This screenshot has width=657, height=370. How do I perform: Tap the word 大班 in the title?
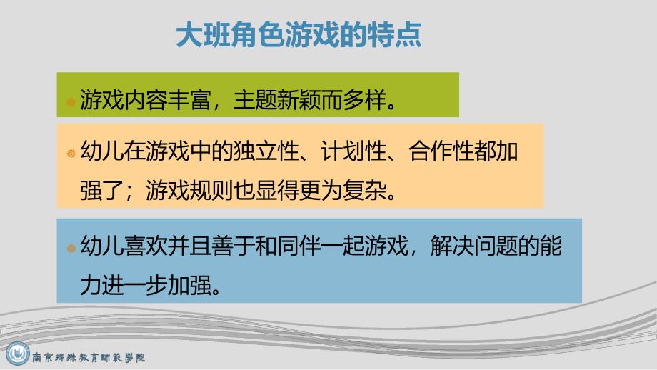(x=201, y=34)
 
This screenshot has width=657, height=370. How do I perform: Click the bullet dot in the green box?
(x=71, y=101)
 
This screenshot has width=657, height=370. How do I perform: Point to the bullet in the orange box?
(x=71, y=153)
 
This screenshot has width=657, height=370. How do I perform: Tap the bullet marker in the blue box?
(x=71, y=249)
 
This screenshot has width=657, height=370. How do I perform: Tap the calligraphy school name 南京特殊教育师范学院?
(x=90, y=356)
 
